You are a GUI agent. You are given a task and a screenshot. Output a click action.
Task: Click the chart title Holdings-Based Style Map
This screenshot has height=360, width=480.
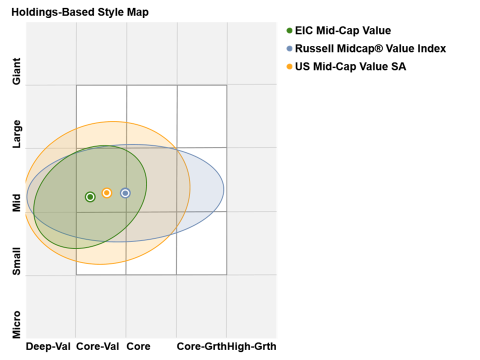[80, 12]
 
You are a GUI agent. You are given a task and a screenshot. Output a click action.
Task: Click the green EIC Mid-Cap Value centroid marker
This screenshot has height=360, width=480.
[90, 197]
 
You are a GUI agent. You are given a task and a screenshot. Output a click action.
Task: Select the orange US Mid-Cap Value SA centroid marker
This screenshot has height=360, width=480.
[106, 193]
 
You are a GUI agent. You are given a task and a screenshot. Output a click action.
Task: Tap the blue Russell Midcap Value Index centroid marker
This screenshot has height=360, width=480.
[125, 193]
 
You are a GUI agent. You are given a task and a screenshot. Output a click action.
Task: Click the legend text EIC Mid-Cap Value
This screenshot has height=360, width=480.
[343, 31]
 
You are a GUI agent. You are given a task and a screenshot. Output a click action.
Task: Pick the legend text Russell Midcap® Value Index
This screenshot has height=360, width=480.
[370, 49]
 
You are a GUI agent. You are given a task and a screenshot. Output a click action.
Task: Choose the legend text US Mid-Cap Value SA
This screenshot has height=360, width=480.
[350, 66]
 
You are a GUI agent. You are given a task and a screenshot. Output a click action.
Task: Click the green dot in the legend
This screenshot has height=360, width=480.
[289, 31]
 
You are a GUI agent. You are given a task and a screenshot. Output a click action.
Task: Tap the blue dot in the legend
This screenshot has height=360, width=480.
[289, 49]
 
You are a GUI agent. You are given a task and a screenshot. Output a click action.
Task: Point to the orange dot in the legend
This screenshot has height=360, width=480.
[289, 66]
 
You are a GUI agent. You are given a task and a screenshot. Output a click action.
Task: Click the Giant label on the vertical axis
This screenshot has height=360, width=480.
[17, 71]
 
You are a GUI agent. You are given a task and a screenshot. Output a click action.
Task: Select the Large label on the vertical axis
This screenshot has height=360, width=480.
[17, 134]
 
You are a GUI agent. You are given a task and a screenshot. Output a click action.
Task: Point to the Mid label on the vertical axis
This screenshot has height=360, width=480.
[17, 202]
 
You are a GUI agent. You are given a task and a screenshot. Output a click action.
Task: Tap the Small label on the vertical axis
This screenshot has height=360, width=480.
[17, 261]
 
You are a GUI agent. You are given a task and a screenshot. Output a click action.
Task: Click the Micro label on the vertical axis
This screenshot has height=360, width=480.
[17, 324]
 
